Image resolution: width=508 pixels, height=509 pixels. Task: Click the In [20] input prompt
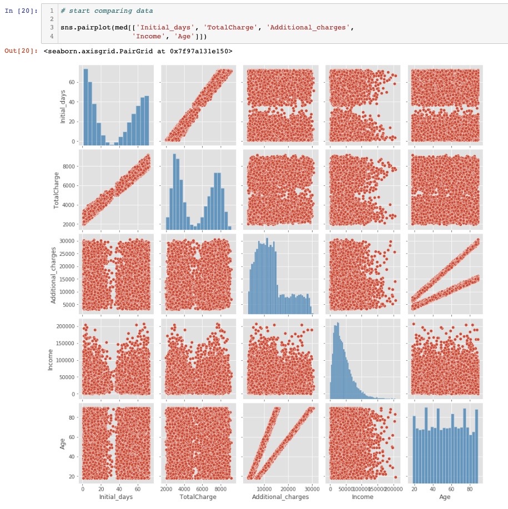tap(21, 11)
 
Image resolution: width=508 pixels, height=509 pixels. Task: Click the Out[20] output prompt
tap(21, 51)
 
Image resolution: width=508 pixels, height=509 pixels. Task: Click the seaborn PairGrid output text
tap(138, 51)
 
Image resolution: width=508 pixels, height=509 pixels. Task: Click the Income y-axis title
tap(50, 357)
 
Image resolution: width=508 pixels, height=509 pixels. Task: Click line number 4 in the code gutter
tap(51, 36)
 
